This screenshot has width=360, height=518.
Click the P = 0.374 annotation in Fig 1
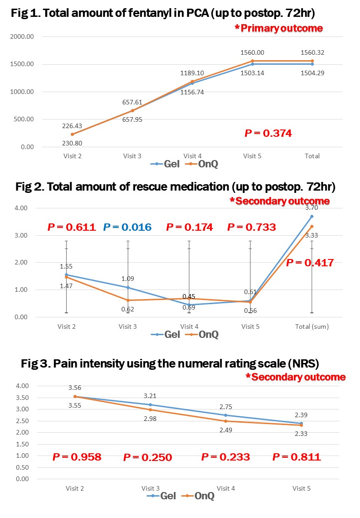[x=268, y=133]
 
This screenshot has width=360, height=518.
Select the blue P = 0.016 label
[x=127, y=227]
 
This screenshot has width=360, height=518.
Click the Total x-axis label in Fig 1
[x=313, y=156]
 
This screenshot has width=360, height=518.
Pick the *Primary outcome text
[x=278, y=28]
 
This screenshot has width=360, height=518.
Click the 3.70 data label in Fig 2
[x=312, y=208]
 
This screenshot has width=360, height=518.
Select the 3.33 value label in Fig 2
[x=312, y=235]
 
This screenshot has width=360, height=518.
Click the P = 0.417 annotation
[x=310, y=263]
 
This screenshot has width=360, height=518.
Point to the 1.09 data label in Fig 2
[x=128, y=279]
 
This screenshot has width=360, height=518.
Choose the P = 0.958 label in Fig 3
[x=77, y=456]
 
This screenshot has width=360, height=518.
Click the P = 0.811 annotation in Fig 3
[x=297, y=456]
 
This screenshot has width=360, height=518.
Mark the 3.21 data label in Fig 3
[x=150, y=396]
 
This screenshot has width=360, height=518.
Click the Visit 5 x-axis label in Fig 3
[x=301, y=488]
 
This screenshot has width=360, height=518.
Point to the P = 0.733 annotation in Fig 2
[x=251, y=227]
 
